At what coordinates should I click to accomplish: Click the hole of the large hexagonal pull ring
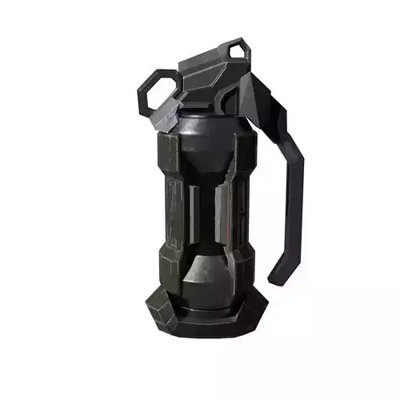pos(160,94)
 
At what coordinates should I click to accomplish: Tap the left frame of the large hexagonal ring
pos(142,94)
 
